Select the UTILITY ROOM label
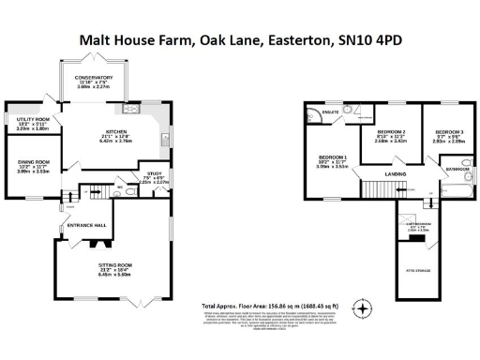point(33,120)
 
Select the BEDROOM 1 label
point(333,157)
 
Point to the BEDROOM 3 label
point(448,131)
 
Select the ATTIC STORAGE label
point(417,270)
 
